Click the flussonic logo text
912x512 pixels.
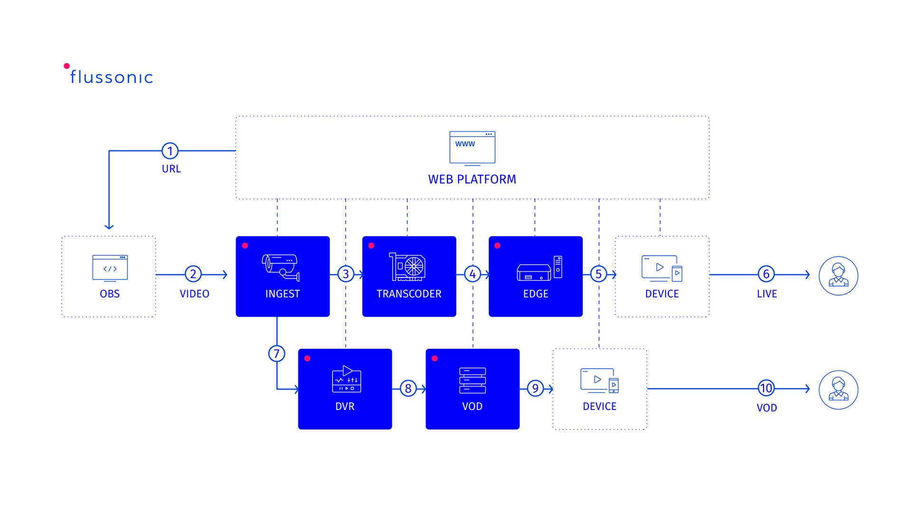111,77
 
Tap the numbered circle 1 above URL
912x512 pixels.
170,151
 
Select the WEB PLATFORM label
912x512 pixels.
472,179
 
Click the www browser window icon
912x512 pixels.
472,148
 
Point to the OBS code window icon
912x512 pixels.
110,268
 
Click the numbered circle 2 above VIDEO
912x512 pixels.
193,274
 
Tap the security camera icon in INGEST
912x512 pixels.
281,268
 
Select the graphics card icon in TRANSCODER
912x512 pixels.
408,267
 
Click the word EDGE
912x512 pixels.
535,294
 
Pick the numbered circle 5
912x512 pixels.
598,274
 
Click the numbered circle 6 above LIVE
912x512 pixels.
766,274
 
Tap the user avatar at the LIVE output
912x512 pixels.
838,276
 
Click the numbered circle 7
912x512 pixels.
276,354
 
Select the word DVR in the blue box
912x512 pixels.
345,406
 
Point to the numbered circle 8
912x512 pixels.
408,389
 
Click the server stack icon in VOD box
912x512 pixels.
472,381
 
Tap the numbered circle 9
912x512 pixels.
535,389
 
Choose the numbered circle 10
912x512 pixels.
766,388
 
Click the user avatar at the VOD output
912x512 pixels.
838,390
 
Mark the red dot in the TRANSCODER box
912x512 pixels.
371,246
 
